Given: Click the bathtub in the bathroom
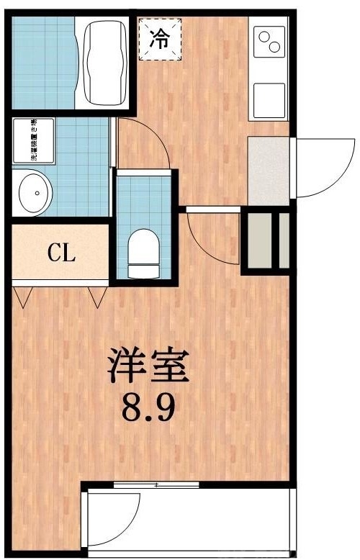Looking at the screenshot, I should click(107, 63).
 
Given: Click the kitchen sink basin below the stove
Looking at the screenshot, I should click(269, 99).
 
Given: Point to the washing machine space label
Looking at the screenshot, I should click(32, 141).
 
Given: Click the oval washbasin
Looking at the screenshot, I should click(33, 192).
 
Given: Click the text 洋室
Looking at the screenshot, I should click(148, 367).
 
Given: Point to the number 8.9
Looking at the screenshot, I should click(148, 410).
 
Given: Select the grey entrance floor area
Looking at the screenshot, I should click(268, 169).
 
